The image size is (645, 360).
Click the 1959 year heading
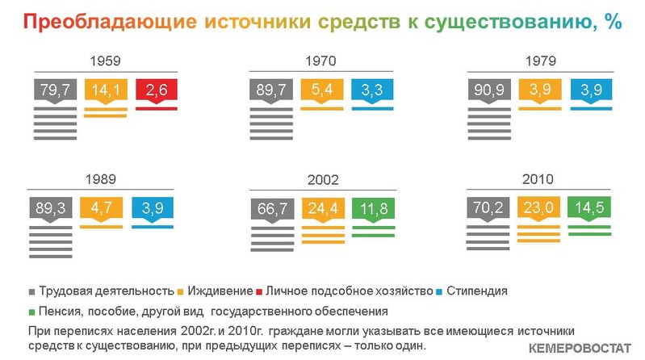point(105,61)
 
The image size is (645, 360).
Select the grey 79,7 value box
point(55,90)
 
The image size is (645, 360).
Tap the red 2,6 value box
point(157,90)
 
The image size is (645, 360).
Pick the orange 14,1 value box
point(106,90)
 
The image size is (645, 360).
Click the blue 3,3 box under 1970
point(372,90)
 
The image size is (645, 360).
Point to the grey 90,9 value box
point(489,90)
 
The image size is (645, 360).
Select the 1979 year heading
point(541,61)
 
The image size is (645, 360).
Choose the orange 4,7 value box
point(101,208)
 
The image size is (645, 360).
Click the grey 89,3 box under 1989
point(51,208)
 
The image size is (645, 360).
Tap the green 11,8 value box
point(374,209)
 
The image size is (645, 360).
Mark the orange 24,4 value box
point(323,209)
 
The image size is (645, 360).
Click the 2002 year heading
point(323,180)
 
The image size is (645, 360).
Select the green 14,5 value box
point(589,207)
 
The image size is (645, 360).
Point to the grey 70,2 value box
point(488,207)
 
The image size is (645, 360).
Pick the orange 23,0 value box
point(538,207)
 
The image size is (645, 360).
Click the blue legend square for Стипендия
point(439,292)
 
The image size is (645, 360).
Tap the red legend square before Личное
point(259,292)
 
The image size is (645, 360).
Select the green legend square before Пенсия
point(31,312)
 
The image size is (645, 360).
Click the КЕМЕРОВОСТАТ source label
point(580,349)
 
